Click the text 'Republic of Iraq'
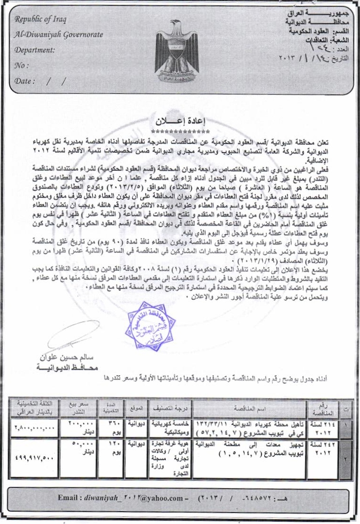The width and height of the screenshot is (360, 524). (42, 19)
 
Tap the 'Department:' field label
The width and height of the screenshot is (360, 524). (35, 50)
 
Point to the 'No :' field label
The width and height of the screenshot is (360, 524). (21, 65)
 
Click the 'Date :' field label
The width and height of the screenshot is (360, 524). (25, 81)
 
